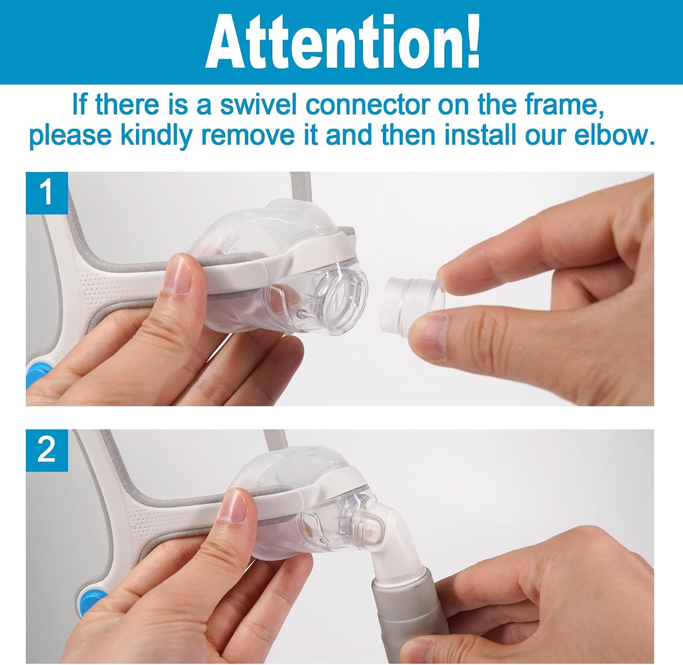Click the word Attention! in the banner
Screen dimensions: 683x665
(343, 42)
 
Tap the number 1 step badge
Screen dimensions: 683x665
(47, 193)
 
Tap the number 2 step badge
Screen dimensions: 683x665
(47, 450)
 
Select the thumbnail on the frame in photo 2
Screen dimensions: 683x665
(234, 506)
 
